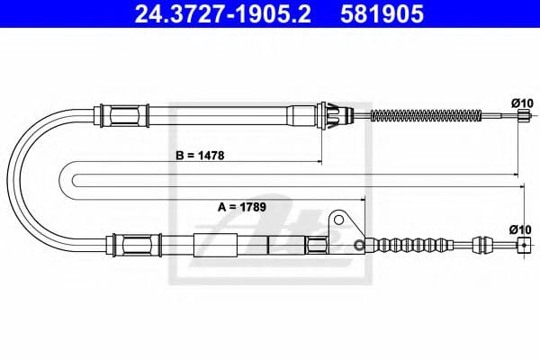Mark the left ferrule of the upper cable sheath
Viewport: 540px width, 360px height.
(x=124, y=115)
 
